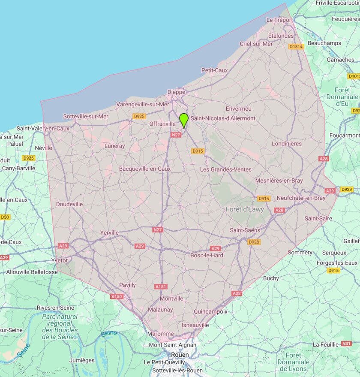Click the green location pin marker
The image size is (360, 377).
pyautogui.click(x=184, y=120)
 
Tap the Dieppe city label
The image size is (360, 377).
pyautogui.click(x=176, y=92)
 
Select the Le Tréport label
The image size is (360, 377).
pyautogui.click(x=279, y=20)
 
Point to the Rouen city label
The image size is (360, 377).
pyautogui.click(x=180, y=355)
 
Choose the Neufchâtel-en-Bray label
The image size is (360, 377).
pyautogui.click(x=301, y=198)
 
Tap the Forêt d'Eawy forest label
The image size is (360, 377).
pyautogui.click(x=245, y=209)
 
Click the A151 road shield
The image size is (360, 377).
pyautogui.click(x=161, y=287)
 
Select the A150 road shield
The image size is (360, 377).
pyautogui.click(x=117, y=297)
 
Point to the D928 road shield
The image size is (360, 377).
pyautogui.click(x=254, y=242)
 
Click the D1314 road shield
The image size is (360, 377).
pyautogui.click(x=296, y=46)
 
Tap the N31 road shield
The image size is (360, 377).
pyautogui.click(x=346, y=344)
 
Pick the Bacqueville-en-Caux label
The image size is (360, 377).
pyautogui.click(x=145, y=169)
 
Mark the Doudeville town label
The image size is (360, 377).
pyautogui.click(x=69, y=204)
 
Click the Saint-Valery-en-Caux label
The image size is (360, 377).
pyautogui.click(x=43, y=128)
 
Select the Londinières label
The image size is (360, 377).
pyautogui.click(x=287, y=144)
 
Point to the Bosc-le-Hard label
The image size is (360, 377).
pyautogui.click(x=207, y=255)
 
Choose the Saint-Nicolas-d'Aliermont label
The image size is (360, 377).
pyautogui.click(x=223, y=118)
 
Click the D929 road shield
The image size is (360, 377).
pyautogui.click(x=346, y=189)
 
